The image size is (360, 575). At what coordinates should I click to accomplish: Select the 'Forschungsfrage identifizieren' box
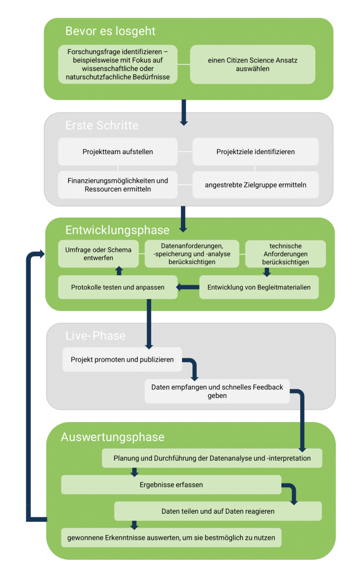118,65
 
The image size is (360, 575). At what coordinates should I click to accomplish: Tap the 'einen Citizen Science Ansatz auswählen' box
253,65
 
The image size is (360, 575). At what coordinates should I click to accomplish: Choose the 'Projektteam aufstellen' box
118,151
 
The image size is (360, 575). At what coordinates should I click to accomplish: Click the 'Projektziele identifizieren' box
256,151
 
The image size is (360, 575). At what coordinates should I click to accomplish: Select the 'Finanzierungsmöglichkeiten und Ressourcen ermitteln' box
118,185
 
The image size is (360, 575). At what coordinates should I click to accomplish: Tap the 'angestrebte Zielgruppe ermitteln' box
256,185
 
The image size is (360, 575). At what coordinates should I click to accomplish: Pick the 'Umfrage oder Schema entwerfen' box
99,253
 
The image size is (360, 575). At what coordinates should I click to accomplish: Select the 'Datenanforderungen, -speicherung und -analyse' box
192,253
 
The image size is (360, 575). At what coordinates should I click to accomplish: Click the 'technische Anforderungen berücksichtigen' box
285,253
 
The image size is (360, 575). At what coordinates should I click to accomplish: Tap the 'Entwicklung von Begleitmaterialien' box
259,287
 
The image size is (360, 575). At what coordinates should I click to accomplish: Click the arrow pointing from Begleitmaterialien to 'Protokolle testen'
188,287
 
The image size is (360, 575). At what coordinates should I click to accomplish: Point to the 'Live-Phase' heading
95,336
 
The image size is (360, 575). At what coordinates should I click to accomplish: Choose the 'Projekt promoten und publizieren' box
122,360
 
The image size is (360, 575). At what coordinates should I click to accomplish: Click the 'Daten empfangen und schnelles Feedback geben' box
217,391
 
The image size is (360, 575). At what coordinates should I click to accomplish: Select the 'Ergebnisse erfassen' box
171,485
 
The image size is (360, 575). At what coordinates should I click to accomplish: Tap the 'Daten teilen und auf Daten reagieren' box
218,511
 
